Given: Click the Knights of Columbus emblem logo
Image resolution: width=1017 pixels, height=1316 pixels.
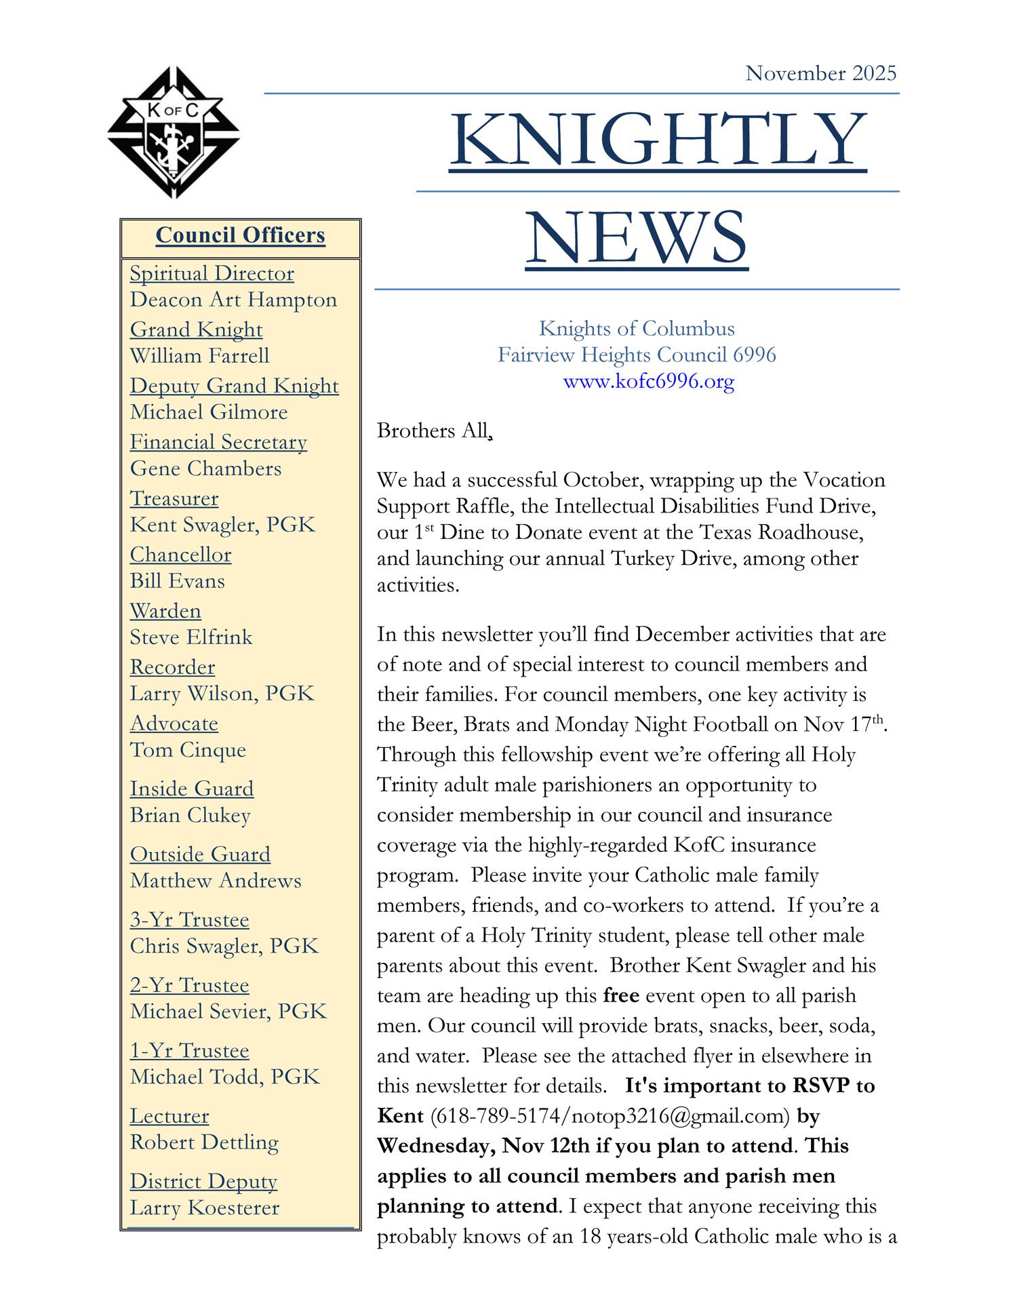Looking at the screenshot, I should (174, 132).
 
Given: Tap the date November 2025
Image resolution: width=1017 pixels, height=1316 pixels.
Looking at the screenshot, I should (820, 73).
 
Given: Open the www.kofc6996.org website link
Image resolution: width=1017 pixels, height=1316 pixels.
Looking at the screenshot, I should (649, 381).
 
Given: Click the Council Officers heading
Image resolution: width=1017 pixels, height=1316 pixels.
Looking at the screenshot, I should (240, 235).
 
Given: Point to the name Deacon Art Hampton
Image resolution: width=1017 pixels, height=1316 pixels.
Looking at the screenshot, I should (233, 300).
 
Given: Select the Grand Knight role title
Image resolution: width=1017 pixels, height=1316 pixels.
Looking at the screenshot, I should (196, 330).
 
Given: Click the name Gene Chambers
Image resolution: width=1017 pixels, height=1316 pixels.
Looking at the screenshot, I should (205, 468).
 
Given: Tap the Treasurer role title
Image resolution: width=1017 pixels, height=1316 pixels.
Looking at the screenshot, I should (174, 498).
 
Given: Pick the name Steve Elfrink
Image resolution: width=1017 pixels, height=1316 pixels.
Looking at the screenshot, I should (191, 637).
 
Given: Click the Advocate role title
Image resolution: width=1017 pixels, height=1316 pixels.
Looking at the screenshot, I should (174, 723).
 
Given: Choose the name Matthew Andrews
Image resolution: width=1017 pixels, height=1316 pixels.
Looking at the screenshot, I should (216, 881).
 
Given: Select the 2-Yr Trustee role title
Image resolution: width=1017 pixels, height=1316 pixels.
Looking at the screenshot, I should (189, 985).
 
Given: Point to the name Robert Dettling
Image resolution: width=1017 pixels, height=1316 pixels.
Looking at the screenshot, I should (204, 1142).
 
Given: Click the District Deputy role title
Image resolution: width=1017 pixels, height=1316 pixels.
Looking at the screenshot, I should (203, 1181).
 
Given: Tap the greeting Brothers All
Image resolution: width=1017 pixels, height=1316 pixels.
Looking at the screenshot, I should (434, 431).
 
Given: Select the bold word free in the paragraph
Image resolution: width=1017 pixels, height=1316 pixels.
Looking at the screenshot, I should (621, 995).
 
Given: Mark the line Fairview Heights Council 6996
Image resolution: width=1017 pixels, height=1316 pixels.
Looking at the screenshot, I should (637, 355).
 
